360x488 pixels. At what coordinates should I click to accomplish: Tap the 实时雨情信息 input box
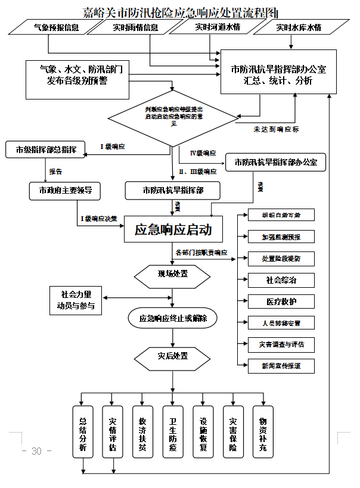click(x=136, y=27)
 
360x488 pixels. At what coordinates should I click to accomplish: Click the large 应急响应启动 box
click(x=173, y=229)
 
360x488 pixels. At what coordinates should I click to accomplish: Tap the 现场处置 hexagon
click(x=173, y=274)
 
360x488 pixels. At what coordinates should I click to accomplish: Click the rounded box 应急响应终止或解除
click(x=173, y=318)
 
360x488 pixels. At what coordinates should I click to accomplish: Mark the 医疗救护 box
click(x=281, y=301)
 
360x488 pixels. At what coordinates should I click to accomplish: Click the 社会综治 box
click(x=281, y=280)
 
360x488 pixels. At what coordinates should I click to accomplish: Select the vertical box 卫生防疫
click(x=173, y=432)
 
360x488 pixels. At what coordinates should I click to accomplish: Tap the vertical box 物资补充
click(x=263, y=432)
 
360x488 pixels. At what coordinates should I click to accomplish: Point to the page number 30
click(x=36, y=451)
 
